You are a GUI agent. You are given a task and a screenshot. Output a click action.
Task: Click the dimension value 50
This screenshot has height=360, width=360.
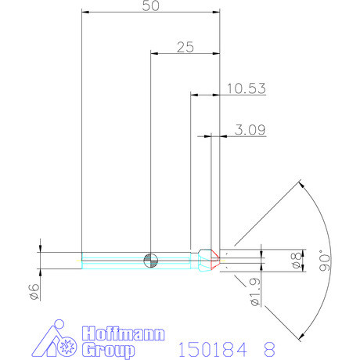[x=151, y=5]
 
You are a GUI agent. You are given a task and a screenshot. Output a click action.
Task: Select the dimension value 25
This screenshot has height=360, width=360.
[x=185, y=47]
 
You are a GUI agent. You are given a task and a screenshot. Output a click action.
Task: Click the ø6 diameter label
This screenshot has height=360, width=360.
[x=33, y=291]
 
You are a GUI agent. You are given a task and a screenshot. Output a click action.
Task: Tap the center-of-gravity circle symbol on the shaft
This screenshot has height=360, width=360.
[x=151, y=259]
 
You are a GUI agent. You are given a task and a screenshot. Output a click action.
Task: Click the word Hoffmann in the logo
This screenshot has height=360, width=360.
[x=124, y=333]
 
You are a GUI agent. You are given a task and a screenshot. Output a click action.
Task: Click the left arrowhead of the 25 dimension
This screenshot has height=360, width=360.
[x=153, y=54]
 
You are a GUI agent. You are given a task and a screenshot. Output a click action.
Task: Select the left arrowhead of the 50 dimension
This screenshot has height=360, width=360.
[x=85, y=13]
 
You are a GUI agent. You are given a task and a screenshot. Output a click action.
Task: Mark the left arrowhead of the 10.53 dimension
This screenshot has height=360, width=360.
[x=194, y=95]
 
